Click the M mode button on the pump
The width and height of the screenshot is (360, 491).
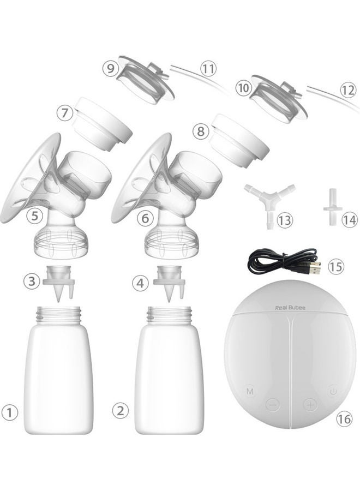(x=250, y=391)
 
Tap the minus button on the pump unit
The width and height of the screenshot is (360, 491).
(x=273, y=405)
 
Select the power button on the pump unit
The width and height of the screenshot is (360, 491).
(x=333, y=391)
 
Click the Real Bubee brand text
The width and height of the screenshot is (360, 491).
(x=290, y=308)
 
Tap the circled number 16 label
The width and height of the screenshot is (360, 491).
(x=344, y=418)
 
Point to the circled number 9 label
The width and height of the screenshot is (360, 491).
(x=111, y=68)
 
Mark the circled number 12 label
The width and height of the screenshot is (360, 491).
(x=348, y=91)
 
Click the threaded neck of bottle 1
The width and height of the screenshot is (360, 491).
(x=59, y=314)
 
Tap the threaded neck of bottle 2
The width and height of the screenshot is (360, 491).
(x=169, y=314)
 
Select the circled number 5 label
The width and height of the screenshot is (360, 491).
(x=34, y=215)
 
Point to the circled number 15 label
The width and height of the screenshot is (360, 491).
(x=336, y=266)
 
